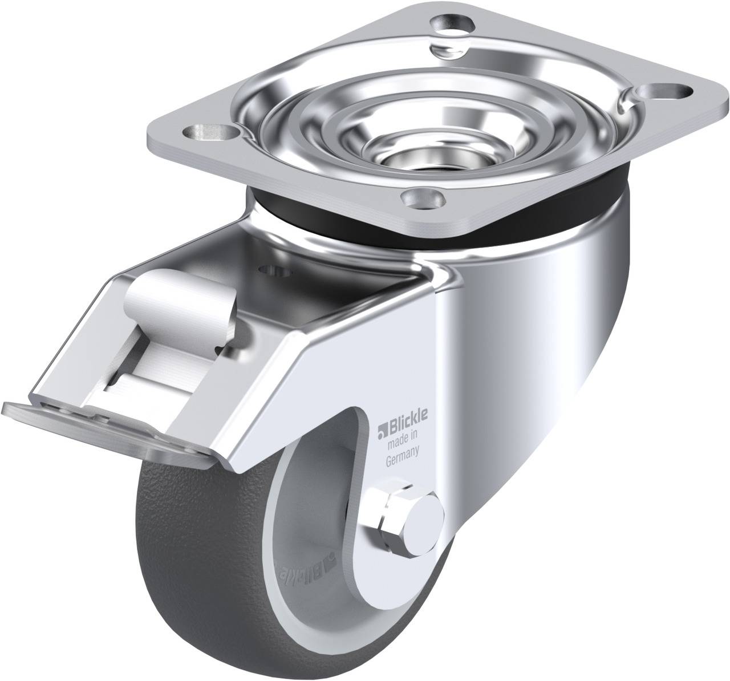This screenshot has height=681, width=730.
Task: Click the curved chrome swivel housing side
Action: [x=542, y=354]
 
